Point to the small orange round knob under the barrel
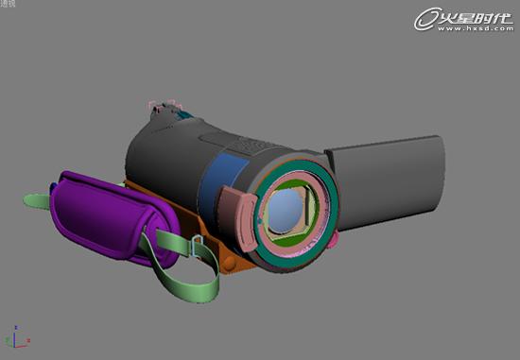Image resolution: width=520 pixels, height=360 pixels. (227, 261)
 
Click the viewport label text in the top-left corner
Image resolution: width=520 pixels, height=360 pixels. (10, 5)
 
